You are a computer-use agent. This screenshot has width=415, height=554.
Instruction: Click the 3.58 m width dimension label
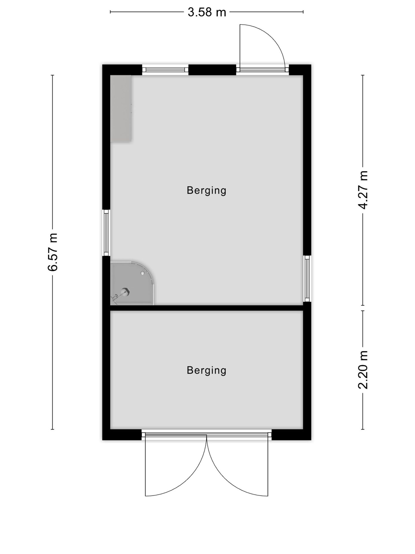[207, 12]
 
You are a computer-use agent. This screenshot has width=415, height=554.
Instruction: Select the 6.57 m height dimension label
[53, 252]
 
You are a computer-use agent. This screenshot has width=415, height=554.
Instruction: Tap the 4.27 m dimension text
[363, 190]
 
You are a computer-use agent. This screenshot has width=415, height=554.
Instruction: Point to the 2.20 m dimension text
[363, 370]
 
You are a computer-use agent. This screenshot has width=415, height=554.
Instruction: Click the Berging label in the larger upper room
[206, 191]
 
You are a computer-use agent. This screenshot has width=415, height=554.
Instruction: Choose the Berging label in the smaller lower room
[206, 370]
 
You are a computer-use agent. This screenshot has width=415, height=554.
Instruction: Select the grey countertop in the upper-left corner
[121, 108]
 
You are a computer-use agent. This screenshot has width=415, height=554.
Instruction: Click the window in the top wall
[165, 70]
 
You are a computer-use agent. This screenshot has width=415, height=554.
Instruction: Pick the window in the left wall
[107, 233]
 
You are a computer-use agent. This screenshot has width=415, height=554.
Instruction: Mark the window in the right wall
[307, 278]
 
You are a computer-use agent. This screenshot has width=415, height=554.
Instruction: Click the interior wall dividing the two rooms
[207, 308]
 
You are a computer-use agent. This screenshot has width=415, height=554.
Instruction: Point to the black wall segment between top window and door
[212, 70]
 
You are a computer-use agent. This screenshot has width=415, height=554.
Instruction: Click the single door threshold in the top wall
[263, 70]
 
